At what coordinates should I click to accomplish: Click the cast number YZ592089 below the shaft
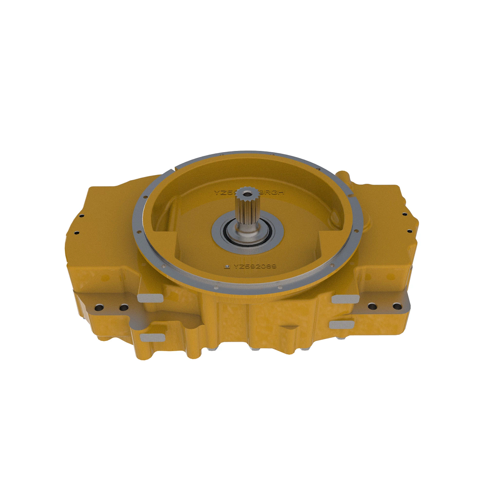[254, 267]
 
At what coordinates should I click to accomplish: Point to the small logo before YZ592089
[228, 267]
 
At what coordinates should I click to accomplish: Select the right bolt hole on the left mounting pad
[123, 308]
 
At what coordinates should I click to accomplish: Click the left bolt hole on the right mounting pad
[371, 306]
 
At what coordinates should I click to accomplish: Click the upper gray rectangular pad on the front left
[150, 298]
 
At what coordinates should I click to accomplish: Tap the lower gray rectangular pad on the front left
[152, 337]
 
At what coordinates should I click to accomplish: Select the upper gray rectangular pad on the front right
[345, 299]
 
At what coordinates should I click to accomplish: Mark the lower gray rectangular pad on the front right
[341, 324]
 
